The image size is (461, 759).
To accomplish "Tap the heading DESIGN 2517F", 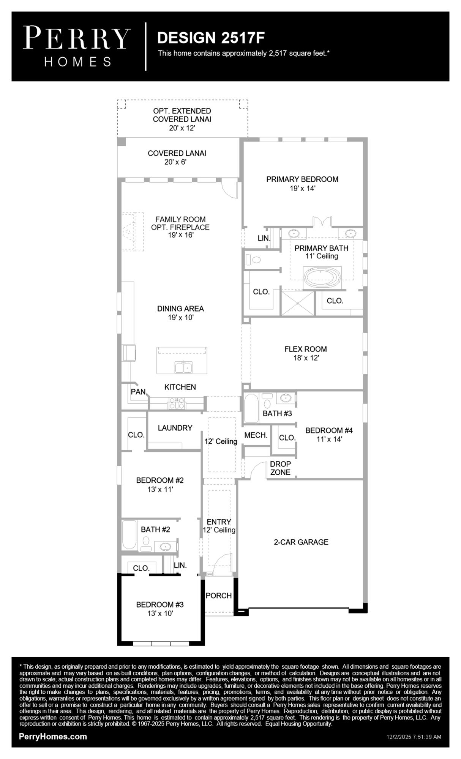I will point(211,38).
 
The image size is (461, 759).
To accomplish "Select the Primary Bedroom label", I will point(302,183).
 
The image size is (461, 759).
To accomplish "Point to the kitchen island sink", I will point(183,367).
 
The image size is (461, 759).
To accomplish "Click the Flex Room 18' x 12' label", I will point(306,353).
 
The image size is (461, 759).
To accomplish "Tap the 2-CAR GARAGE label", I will point(301,542).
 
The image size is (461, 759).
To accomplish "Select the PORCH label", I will point(219,595).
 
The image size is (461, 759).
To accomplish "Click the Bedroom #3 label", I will point(160,608).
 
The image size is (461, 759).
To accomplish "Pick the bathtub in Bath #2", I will point(129,535).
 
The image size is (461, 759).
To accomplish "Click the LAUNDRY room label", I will point(175,428).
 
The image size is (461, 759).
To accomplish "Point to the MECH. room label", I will point(256,435).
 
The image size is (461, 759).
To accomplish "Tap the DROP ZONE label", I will point(280,468).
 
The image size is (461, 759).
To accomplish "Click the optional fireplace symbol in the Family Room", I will point(131,231).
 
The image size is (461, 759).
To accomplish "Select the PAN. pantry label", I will point(139,392).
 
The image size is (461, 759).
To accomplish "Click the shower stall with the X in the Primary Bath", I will point(297,303).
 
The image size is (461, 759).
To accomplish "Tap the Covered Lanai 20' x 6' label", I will point(177,157).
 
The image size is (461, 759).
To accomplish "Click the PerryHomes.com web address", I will point(53,737).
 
